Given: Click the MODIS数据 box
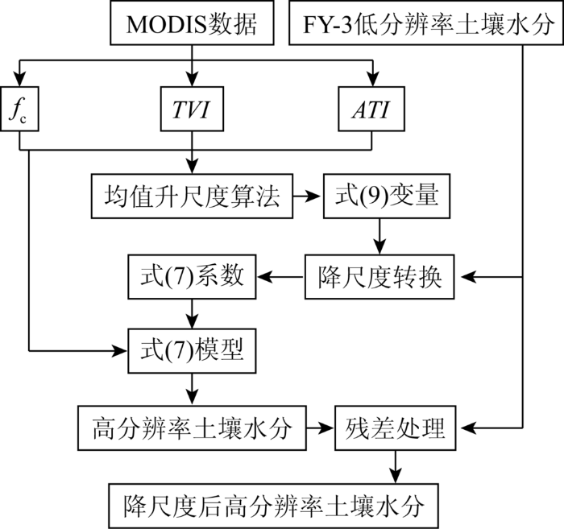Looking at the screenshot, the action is pyautogui.click(x=192, y=23).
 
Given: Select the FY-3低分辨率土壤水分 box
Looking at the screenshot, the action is pyautogui.click(x=426, y=23).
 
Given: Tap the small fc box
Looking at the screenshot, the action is pyautogui.click(x=19, y=109).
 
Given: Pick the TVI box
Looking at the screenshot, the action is pyautogui.click(x=192, y=109).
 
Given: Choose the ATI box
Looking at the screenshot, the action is pyautogui.click(x=371, y=109).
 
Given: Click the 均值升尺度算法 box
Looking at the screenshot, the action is pyautogui.click(x=192, y=196).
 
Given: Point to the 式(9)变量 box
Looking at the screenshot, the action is pyautogui.click(x=387, y=196).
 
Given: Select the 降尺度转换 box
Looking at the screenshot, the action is pyautogui.click(x=379, y=277).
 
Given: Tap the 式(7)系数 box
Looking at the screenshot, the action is pyautogui.click(x=192, y=277).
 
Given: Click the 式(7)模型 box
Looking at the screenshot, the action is pyautogui.click(x=192, y=351).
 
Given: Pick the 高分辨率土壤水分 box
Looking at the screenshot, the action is pyautogui.click(x=192, y=428).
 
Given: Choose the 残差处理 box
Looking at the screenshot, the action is pyautogui.click(x=396, y=428).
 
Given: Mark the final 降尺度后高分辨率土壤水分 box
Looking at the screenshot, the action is pyautogui.click(x=273, y=506).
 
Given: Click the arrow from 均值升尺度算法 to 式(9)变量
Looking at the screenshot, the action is pyautogui.click(x=306, y=196).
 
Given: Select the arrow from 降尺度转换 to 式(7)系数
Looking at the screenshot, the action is pyautogui.click(x=280, y=277).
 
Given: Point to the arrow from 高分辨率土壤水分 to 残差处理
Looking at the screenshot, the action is pyautogui.click(x=319, y=428).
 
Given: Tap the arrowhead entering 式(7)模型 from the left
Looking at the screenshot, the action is pyautogui.click(x=121, y=351).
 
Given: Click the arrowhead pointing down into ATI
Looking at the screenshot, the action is pyautogui.click(x=373, y=79).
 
